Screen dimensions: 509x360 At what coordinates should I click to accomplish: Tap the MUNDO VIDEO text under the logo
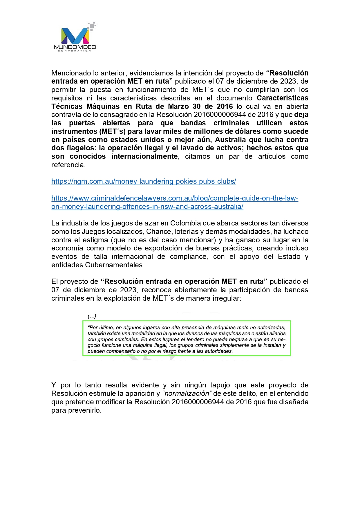click(x=75, y=47)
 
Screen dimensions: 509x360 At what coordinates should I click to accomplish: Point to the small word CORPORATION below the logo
click(x=75, y=51)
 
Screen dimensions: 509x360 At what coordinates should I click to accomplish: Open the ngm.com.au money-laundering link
click(x=144, y=181)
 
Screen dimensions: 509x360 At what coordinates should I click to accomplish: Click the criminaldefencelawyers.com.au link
click(x=175, y=198)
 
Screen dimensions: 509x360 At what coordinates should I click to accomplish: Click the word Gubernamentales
click(x=114, y=265)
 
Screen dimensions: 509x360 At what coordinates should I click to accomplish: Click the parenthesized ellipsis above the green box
click(x=92, y=316)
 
